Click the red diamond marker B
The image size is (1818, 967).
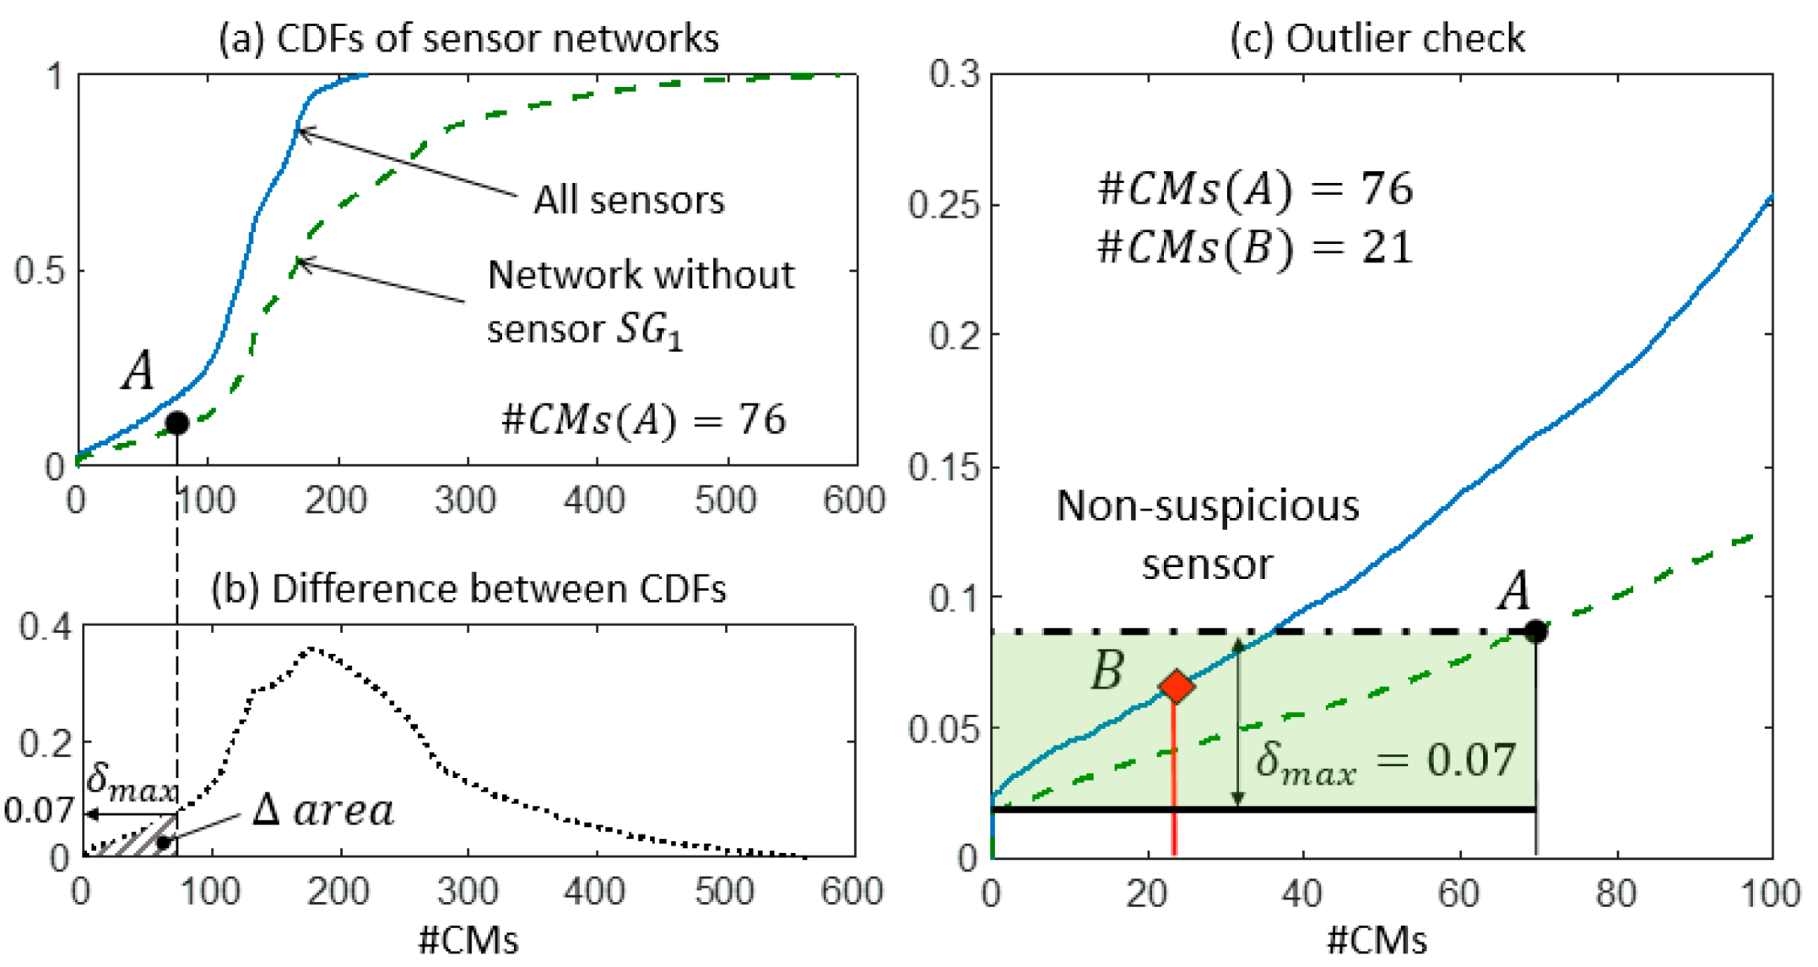click(x=1176, y=686)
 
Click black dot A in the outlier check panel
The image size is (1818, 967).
click(x=1535, y=630)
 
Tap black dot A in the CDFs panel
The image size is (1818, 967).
click(x=176, y=423)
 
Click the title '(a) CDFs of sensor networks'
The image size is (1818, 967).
click(x=468, y=39)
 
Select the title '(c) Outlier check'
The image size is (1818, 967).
click(x=1377, y=39)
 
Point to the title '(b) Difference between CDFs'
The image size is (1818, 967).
click(x=468, y=589)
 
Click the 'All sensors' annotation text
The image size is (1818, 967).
click(x=629, y=201)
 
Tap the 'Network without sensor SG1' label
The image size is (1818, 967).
click(x=640, y=301)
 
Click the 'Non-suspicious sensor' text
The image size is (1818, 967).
click(x=1207, y=534)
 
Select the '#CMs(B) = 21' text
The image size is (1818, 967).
click(x=1254, y=248)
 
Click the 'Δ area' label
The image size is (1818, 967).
click(x=324, y=811)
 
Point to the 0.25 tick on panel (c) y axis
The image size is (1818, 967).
click(x=943, y=205)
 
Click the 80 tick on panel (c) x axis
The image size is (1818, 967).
click(x=1616, y=894)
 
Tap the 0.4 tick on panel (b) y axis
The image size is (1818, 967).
click(x=46, y=627)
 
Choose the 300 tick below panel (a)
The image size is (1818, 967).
click(x=465, y=501)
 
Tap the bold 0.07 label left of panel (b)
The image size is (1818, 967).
click(x=38, y=812)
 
